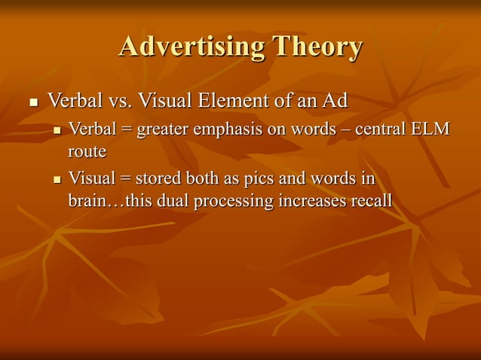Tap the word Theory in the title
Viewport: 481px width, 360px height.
317,47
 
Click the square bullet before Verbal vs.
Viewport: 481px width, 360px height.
32,101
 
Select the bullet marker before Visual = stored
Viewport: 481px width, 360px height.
57,182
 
